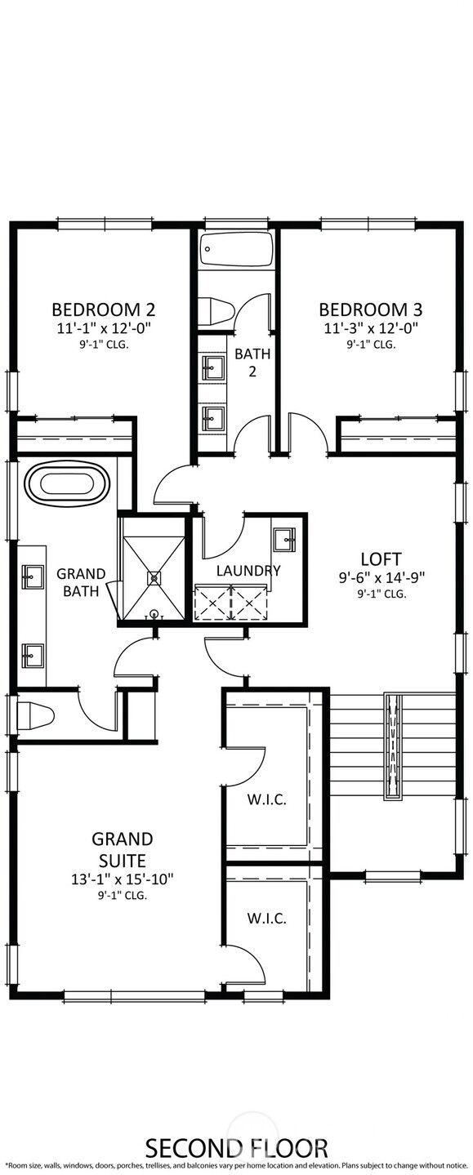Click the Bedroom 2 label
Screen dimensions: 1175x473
(x=103, y=309)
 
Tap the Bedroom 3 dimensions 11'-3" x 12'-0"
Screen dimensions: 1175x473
(x=370, y=328)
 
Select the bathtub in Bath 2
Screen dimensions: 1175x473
(x=237, y=248)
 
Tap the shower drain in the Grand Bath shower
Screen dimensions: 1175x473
(x=153, y=577)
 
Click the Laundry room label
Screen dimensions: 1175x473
(x=248, y=571)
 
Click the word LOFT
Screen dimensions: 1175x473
(x=382, y=559)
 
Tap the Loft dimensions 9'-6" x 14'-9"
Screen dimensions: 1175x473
(x=382, y=577)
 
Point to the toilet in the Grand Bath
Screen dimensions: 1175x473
(x=34, y=717)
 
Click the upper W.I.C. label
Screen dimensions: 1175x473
(x=267, y=799)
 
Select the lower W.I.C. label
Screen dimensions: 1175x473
(x=267, y=919)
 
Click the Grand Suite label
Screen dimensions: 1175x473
(x=122, y=849)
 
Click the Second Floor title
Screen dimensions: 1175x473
(x=236, y=1147)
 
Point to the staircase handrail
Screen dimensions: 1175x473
(x=396, y=745)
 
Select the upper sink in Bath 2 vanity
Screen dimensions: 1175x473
(x=214, y=367)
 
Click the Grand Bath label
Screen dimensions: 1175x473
(x=81, y=581)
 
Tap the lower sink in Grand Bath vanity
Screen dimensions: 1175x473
(x=33, y=653)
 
